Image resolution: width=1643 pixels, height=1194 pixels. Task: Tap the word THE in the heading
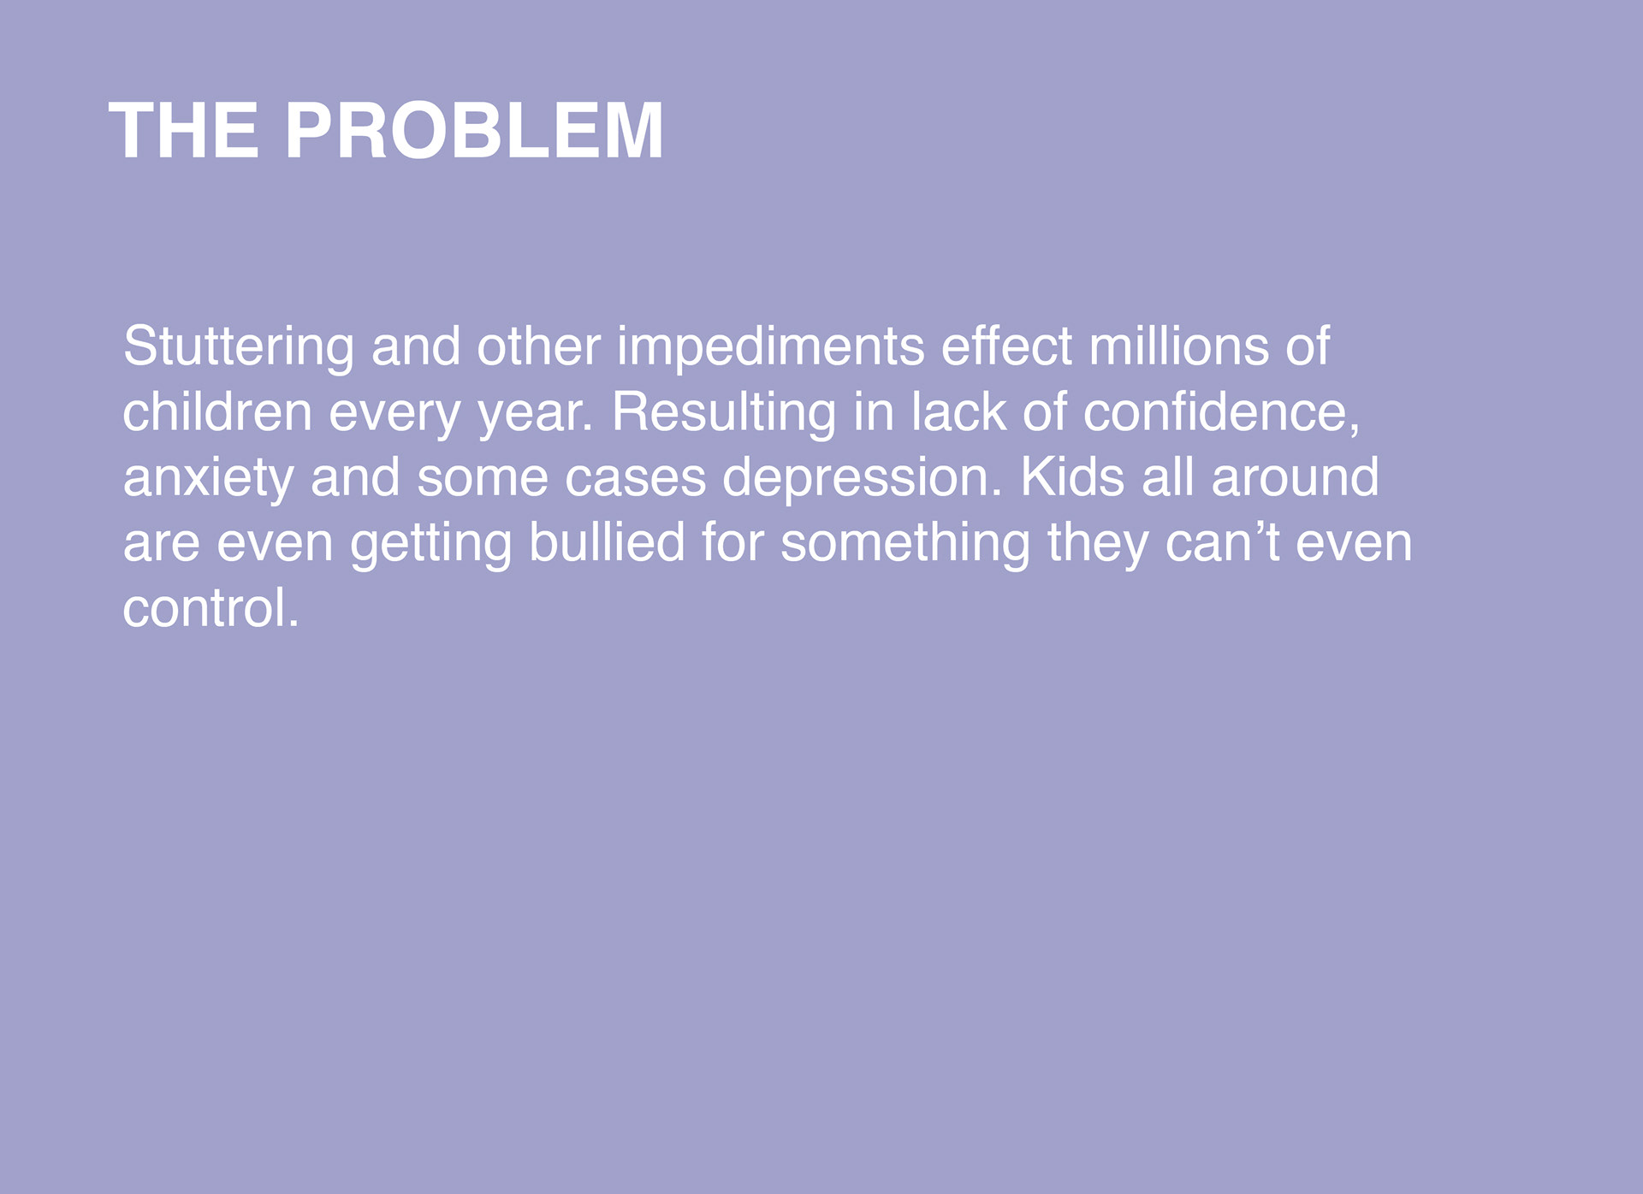click(x=184, y=131)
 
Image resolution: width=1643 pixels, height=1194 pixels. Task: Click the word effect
click(x=1006, y=346)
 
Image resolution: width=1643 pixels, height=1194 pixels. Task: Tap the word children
click(x=217, y=411)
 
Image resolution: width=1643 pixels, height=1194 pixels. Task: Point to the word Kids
click(x=1072, y=476)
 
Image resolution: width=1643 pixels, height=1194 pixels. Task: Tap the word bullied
click(x=608, y=542)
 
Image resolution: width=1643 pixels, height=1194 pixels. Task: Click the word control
click(x=211, y=608)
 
